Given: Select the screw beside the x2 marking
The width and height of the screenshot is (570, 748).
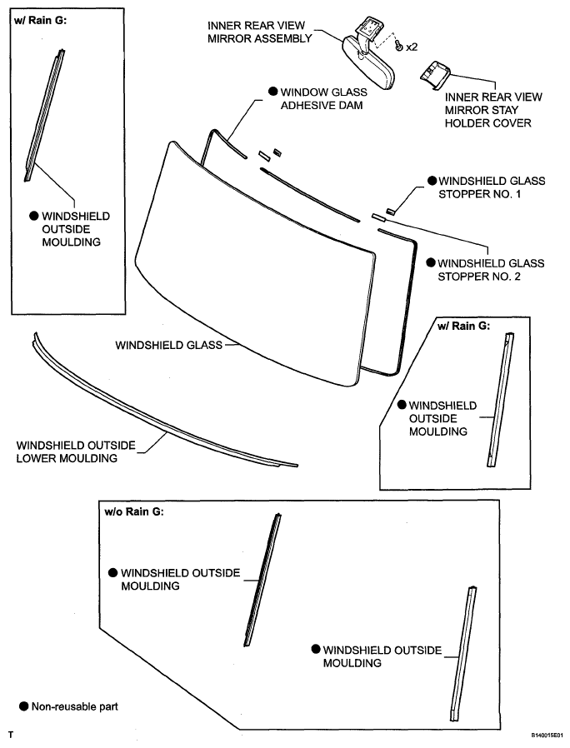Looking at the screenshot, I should click(399, 47).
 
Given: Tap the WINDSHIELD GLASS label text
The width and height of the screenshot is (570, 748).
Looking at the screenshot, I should click(168, 343).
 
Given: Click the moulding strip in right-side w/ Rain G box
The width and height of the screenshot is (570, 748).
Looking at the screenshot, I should click(501, 400).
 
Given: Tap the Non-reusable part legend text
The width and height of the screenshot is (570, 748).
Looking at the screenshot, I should click(74, 706).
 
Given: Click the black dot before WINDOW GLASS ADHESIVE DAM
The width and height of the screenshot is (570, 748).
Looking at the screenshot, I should click(272, 92).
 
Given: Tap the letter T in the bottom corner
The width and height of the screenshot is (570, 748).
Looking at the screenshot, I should click(11, 736).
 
